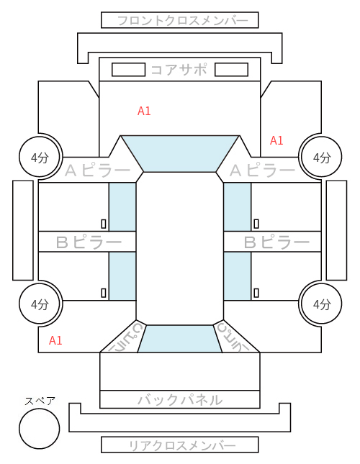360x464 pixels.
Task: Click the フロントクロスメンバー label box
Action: point(180,20)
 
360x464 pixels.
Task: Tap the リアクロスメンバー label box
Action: point(180,445)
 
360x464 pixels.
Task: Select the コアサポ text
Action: point(179,70)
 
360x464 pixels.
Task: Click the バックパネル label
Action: point(180,400)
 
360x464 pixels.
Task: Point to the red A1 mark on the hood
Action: point(144,111)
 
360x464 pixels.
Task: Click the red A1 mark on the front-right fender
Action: point(276,140)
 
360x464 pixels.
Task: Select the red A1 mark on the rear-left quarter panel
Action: point(55,340)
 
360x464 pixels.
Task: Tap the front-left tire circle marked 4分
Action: point(40,157)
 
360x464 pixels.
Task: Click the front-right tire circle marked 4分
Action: point(322,157)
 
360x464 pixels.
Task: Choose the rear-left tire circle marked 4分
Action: point(40,304)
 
